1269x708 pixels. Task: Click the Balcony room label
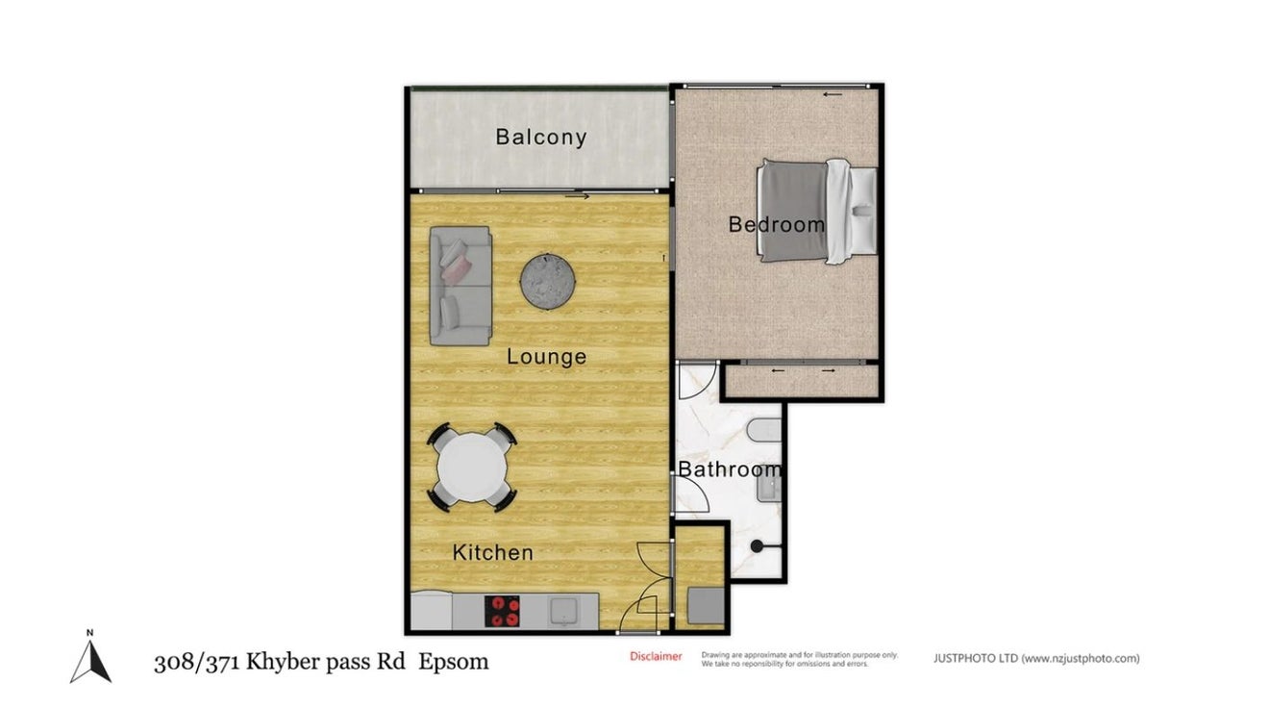click(541, 138)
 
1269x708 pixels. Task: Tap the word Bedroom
click(776, 224)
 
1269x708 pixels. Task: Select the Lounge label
click(547, 357)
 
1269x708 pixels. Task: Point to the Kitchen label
click(493, 553)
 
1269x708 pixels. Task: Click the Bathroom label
click(730, 469)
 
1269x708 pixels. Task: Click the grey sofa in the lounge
click(460, 286)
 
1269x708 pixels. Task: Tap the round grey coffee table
click(547, 282)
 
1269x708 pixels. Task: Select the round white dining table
click(472, 468)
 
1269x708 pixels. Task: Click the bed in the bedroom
click(817, 211)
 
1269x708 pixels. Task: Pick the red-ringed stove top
click(502, 611)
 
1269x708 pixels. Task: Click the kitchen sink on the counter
click(563, 611)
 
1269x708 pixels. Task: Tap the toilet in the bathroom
click(764, 431)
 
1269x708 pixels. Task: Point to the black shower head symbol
click(757, 546)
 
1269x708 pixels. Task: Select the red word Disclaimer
click(656, 656)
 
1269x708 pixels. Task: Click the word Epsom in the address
click(453, 662)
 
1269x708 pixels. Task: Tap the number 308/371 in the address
click(196, 662)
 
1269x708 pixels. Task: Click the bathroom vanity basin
click(770, 488)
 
